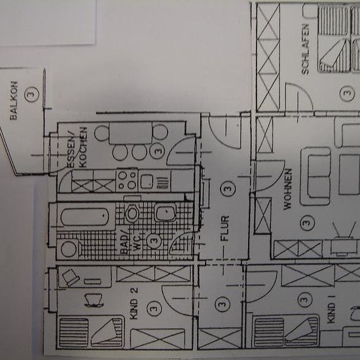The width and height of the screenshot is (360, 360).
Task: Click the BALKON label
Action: [14, 101]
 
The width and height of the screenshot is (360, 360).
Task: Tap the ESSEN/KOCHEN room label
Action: [77, 147]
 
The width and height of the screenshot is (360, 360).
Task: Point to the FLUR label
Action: [225, 228]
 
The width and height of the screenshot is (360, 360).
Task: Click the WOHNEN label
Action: [288, 189]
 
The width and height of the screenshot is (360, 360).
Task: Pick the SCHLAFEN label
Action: [306, 49]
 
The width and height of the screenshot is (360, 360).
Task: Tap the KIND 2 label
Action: [134, 303]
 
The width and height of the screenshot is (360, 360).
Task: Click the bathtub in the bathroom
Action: [84, 217]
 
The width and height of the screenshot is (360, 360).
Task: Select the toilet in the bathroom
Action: [132, 213]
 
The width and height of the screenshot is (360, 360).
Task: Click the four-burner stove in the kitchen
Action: [127, 181]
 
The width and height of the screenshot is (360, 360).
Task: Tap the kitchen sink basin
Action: [147, 181]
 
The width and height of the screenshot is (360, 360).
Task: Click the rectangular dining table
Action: [131, 133]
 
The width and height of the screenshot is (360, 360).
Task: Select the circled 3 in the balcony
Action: [32, 94]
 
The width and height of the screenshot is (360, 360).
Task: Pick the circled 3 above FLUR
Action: [228, 189]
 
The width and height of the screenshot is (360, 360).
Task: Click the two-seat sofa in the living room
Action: [316, 176]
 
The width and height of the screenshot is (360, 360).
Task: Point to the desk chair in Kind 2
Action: [94, 300]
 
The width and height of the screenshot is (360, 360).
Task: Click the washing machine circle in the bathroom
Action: [69, 249]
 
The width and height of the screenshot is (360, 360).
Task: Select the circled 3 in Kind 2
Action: [154, 308]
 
